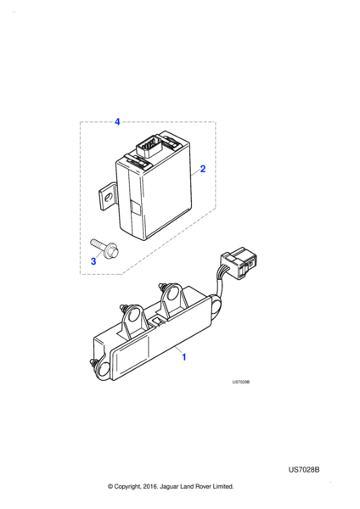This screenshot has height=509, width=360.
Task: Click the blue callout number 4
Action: tap(117, 121)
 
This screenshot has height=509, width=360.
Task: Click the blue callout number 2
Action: tap(203, 169)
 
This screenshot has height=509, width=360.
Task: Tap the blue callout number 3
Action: tap(93, 261)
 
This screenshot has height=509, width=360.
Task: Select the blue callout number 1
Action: tap(184, 357)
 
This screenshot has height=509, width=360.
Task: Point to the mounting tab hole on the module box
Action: tap(109, 197)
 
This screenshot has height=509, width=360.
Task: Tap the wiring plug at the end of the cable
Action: tap(241, 263)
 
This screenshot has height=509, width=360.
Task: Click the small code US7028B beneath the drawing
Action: tap(241, 382)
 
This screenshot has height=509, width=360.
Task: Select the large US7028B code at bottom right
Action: tap(304, 470)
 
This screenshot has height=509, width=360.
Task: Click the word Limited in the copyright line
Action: tap(223, 486)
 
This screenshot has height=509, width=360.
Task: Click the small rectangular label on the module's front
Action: tap(135, 207)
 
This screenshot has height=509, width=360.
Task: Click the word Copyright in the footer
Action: tap(127, 487)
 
